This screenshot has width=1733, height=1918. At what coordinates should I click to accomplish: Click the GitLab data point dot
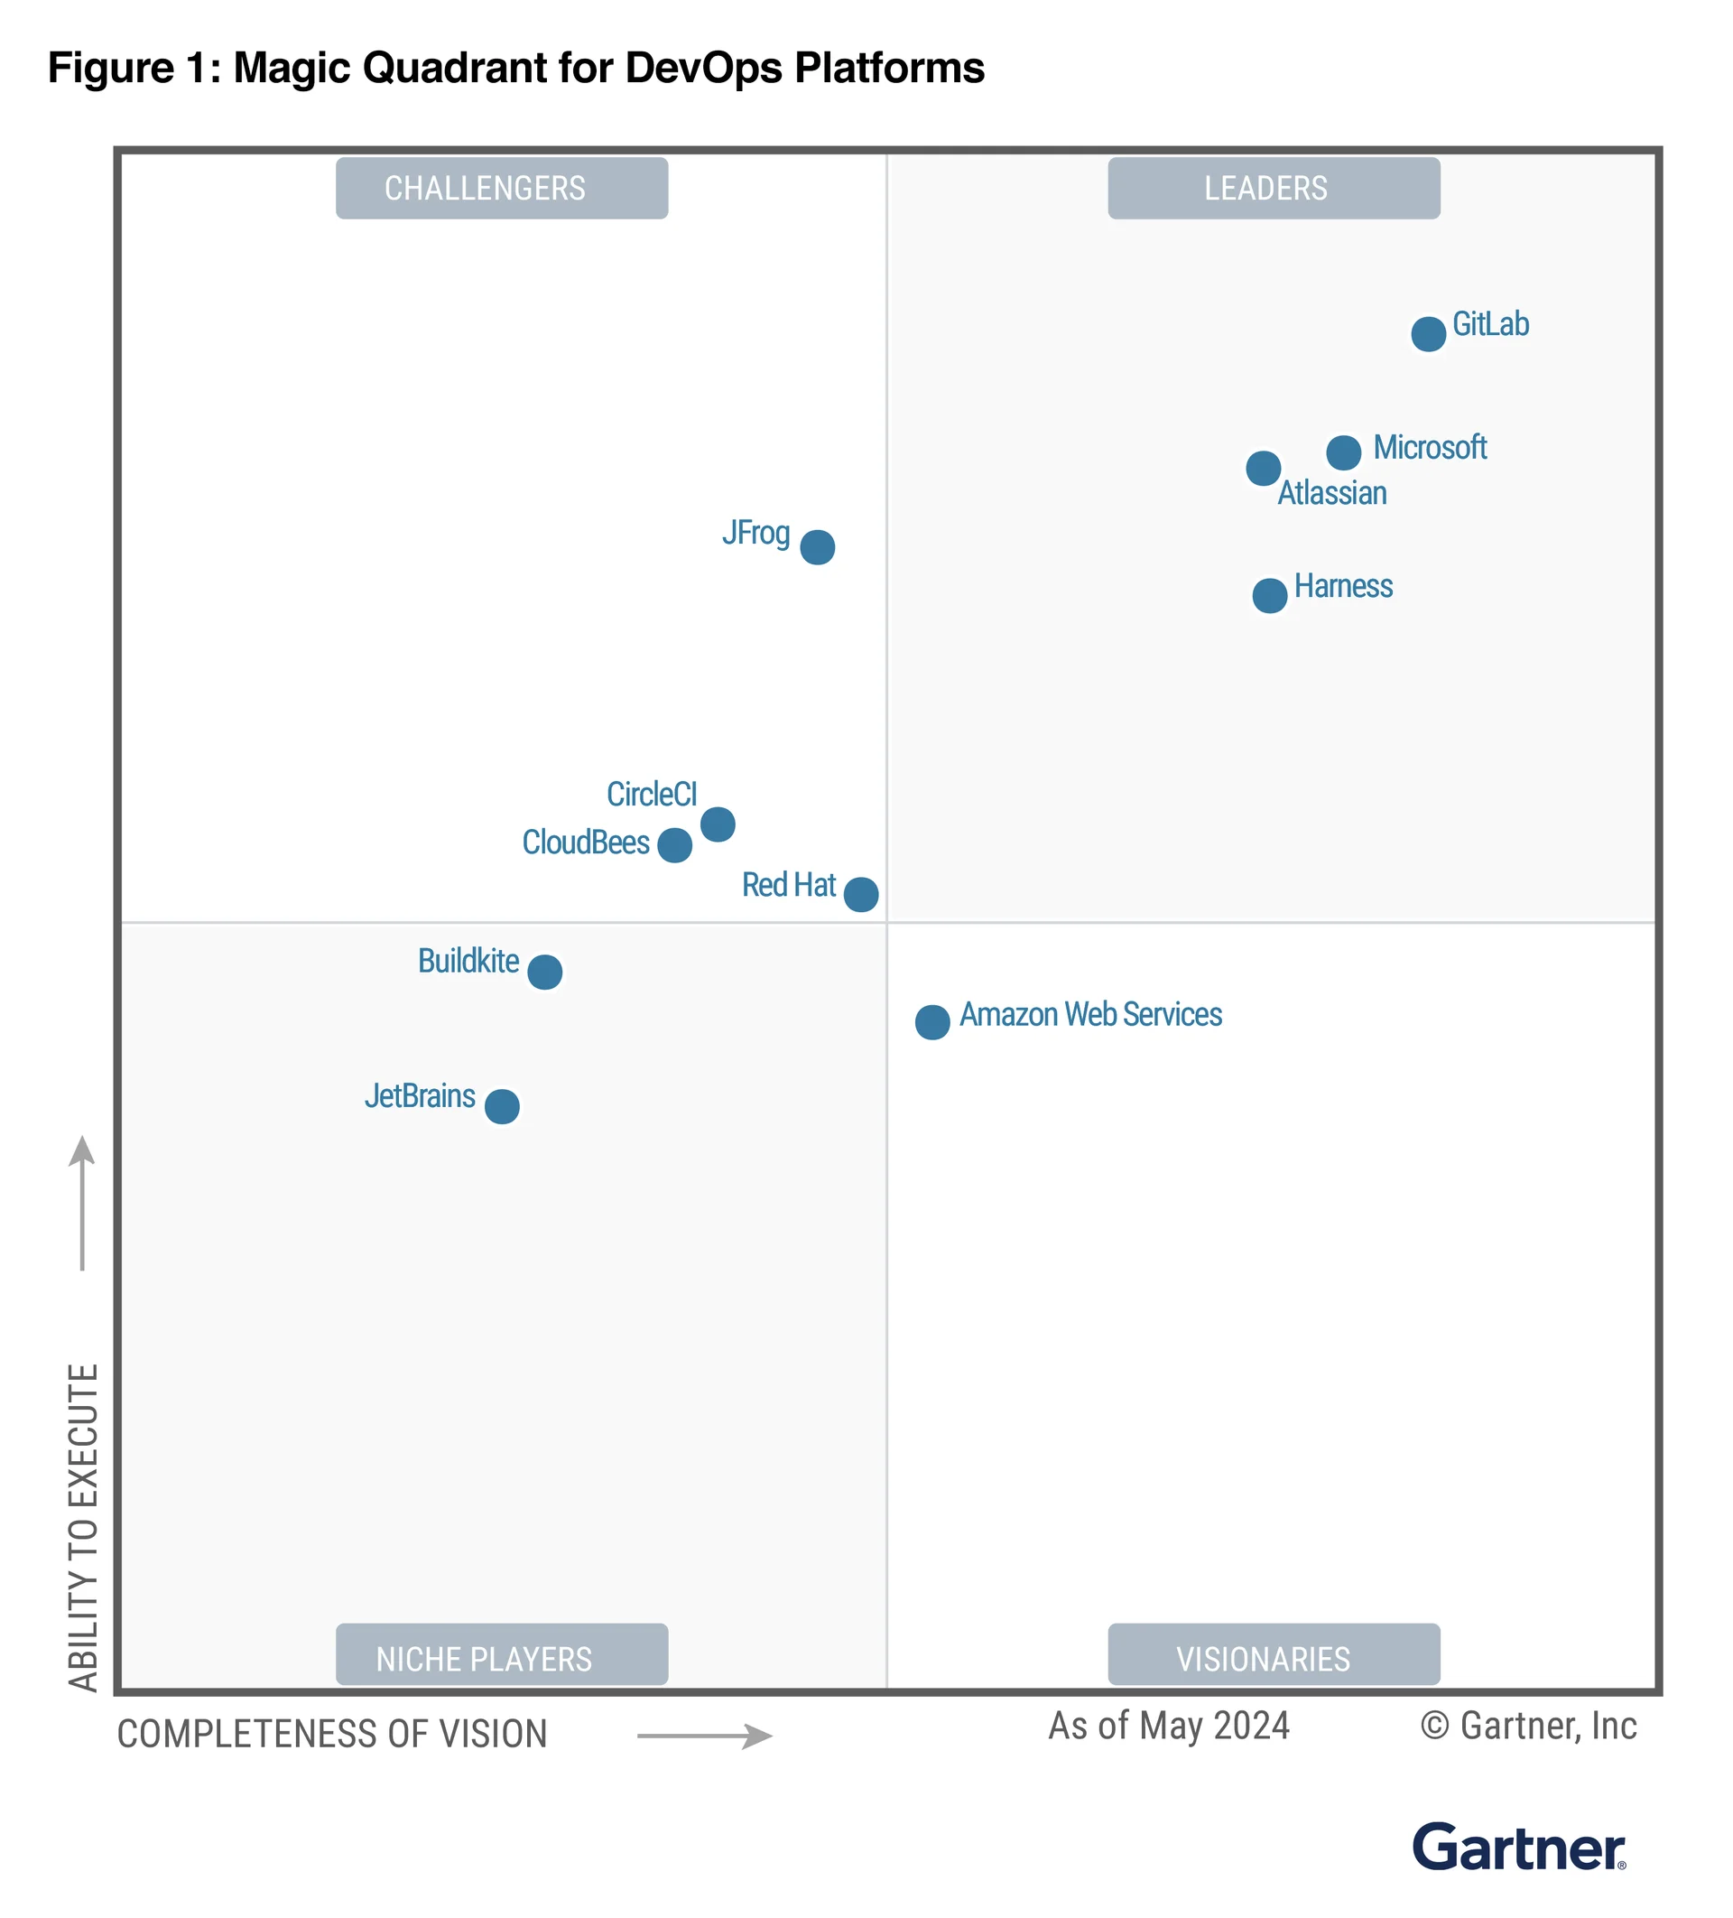click(x=1428, y=334)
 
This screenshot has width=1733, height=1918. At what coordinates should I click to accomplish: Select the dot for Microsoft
click(x=1343, y=452)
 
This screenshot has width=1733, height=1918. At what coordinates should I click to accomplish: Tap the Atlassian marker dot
click(x=1262, y=468)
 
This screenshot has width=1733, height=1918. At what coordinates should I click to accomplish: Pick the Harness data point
click(x=1269, y=596)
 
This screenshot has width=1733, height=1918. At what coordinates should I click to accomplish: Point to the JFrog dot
click(x=817, y=547)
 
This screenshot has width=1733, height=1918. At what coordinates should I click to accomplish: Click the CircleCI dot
click(x=718, y=824)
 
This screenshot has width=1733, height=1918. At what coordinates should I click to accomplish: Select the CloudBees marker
click(x=674, y=845)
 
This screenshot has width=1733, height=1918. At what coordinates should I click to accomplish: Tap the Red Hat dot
click(x=861, y=894)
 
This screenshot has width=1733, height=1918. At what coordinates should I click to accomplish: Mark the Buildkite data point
click(x=544, y=973)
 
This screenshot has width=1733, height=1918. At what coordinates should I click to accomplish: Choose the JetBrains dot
click(x=501, y=1106)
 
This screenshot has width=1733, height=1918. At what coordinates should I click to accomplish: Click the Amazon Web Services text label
click(x=1090, y=1014)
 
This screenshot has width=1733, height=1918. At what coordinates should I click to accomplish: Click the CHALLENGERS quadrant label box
click(x=501, y=189)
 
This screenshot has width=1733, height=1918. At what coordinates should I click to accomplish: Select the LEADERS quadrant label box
click(x=1273, y=189)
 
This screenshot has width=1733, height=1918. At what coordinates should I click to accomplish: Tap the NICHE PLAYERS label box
click(x=501, y=1658)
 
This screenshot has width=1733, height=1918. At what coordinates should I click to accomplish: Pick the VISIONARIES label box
click(x=1273, y=1658)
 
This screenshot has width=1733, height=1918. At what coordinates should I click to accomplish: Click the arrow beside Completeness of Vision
click(x=704, y=1736)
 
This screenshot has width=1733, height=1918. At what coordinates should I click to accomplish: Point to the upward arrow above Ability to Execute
click(x=83, y=1204)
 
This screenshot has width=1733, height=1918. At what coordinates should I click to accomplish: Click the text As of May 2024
click(x=1168, y=1726)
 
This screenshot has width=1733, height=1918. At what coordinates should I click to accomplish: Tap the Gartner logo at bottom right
click(x=1518, y=1847)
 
